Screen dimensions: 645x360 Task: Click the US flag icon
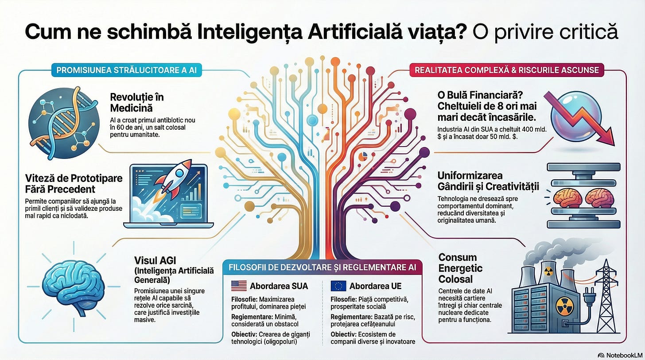[x=239, y=286]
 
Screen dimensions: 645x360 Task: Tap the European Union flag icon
[x=338, y=286]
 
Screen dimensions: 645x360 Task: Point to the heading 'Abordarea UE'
[x=371, y=286]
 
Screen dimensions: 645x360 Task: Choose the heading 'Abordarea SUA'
[x=279, y=286]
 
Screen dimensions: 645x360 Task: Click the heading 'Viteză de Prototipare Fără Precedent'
[x=74, y=184]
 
